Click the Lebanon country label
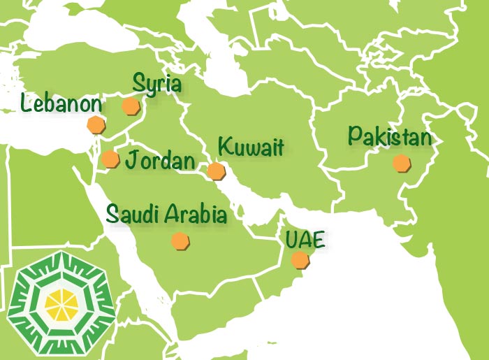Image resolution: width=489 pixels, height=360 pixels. [61, 104]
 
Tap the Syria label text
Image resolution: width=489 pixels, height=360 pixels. [157, 85]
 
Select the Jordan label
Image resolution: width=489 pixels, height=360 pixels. [160, 161]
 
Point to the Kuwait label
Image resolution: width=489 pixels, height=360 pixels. [251, 147]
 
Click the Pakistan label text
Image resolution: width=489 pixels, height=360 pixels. [391, 137]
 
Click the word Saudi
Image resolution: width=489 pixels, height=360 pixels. [132, 214]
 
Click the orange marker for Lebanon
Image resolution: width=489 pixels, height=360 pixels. [96, 126]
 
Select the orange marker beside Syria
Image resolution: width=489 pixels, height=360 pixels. [130, 106]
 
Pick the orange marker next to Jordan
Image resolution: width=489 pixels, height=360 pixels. [110, 159]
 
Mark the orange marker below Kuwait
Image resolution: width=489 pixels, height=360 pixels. [216, 171]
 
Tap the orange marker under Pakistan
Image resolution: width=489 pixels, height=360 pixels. [401, 164]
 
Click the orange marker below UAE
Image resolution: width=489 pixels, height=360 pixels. [300, 261]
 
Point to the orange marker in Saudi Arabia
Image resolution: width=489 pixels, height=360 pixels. [181, 241]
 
